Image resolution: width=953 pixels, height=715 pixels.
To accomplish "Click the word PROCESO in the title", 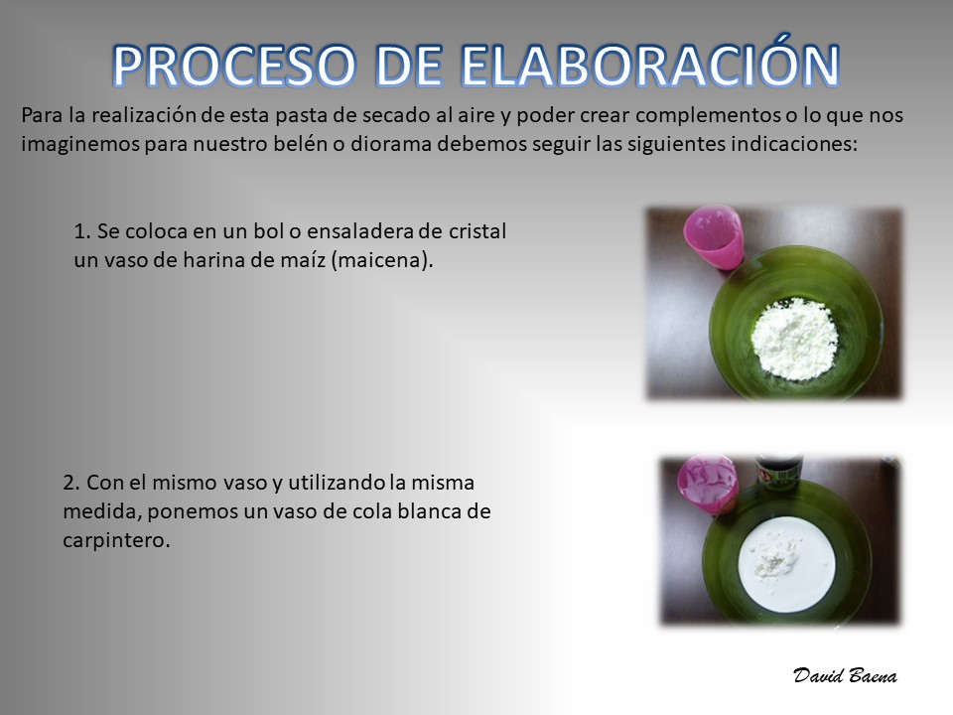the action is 234,66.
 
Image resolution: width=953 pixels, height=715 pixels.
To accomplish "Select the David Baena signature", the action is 845,675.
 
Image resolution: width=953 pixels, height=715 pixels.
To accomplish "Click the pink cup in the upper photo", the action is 714,236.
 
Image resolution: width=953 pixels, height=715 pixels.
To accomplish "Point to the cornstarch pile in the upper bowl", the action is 794,338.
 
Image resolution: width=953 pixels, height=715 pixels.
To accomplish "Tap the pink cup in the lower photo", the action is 708,484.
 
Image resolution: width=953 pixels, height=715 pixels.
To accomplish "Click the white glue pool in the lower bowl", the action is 787,565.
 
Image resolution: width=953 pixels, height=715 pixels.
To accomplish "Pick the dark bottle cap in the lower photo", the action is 778,471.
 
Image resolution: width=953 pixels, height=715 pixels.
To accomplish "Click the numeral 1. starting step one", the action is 82,231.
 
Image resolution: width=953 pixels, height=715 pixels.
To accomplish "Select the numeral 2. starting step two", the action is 71,483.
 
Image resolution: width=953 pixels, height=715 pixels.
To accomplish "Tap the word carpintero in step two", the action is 116,540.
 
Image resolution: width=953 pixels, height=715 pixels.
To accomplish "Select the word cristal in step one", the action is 477,231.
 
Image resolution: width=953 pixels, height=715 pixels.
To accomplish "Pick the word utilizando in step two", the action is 336,483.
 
